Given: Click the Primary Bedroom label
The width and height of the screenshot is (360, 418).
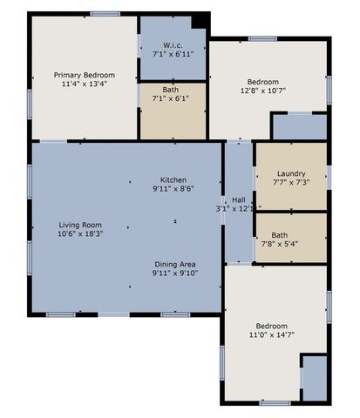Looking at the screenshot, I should point(85,76).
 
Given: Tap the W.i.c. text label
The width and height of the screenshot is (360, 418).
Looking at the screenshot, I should point(172,44).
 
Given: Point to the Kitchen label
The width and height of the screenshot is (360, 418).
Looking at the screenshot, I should point(173,179).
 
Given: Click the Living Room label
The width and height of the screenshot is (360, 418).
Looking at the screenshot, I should point(80,225).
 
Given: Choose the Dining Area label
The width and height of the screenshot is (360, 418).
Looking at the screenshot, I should point(175,263).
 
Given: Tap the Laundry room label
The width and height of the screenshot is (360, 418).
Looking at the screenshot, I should point(291,172).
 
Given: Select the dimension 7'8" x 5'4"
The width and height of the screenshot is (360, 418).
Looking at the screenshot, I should point(291,245).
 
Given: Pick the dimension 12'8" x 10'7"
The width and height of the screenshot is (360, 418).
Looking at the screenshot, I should point(262,90).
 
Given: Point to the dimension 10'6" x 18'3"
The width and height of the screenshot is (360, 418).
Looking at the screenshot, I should point(80,234).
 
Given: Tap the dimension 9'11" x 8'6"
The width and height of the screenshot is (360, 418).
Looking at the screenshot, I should point(173,189).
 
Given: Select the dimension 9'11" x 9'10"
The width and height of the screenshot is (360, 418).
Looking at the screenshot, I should point(175,273).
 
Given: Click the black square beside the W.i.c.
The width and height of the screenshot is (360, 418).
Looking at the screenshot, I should point(200,21).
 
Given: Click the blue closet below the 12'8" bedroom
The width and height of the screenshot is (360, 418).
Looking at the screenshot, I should point(299,127).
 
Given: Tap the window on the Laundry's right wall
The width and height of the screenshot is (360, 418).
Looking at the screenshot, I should point(329,177).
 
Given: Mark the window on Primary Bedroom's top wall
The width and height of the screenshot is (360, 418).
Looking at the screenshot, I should point(105,13).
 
